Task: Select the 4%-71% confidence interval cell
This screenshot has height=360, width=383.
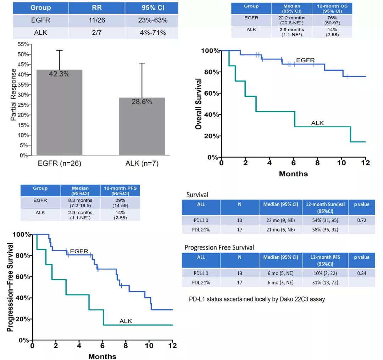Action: (x=152, y=33)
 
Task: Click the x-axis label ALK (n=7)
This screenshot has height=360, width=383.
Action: (x=142, y=164)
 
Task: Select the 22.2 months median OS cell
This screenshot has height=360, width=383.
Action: (x=292, y=20)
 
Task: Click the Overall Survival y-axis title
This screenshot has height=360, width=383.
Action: (x=199, y=104)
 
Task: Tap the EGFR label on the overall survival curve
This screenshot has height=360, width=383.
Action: (x=305, y=60)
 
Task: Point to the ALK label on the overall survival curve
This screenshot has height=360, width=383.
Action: (x=317, y=123)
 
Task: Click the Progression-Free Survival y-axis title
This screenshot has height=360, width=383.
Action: (x=10, y=287)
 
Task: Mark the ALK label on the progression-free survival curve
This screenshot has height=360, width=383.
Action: (x=126, y=321)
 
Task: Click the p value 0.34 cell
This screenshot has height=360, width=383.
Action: (x=362, y=272)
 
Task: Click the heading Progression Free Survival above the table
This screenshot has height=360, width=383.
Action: (x=219, y=247)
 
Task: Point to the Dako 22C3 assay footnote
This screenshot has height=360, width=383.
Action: (x=257, y=299)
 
